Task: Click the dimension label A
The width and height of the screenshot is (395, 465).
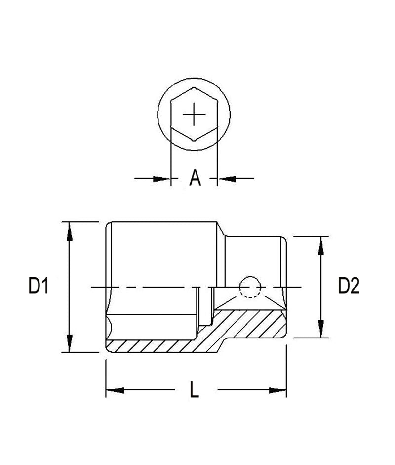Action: [x=195, y=178]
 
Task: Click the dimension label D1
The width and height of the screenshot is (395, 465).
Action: [x=39, y=286]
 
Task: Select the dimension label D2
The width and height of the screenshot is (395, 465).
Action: [x=349, y=286]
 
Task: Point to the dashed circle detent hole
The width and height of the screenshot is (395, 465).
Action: [x=249, y=287]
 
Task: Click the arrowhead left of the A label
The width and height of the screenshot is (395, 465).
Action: [x=162, y=178]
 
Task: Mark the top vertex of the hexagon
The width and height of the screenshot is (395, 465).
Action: [x=194, y=88]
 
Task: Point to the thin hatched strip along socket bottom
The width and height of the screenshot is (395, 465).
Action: [x=148, y=346]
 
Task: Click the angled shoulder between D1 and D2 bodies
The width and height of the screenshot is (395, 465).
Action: [x=222, y=230]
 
